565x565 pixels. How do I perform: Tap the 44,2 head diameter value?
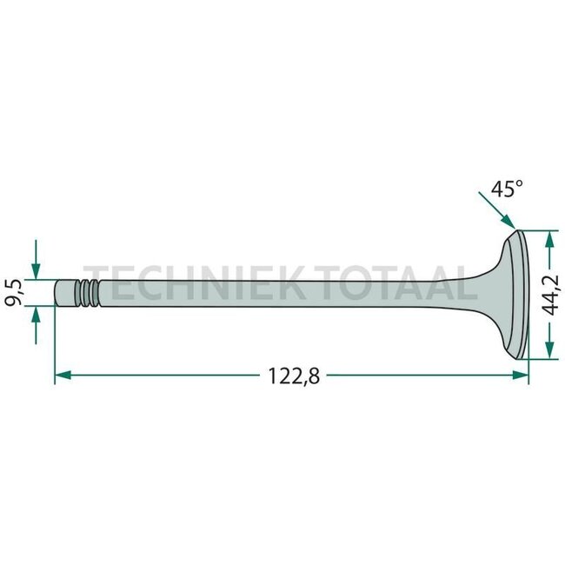pyautogui.click(x=550, y=295)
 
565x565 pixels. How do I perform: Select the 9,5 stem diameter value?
pyautogui.click(x=16, y=292)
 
